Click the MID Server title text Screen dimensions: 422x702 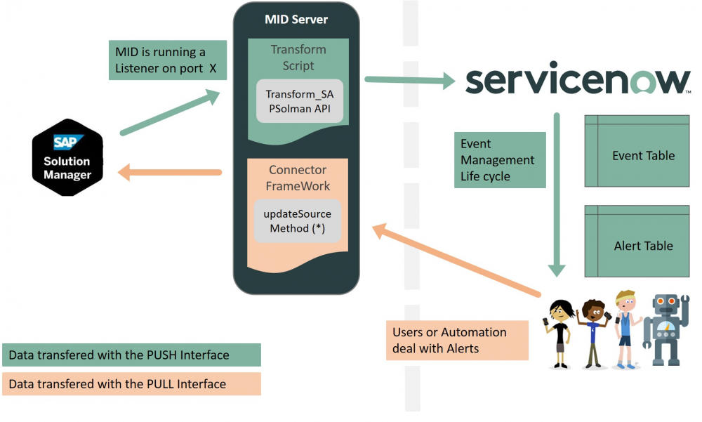[x=296, y=19]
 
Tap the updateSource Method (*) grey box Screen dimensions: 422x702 [x=298, y=220]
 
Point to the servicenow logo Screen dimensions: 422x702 [x=577, y=80]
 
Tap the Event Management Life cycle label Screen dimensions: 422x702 [x=499, y=160]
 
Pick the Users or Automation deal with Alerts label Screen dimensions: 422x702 [x=456, y=340]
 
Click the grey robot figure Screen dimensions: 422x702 [x=664, y=327]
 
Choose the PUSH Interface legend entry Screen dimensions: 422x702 [x=131, y=355]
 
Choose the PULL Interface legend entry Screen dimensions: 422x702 [x=131, y=383]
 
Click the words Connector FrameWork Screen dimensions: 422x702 [x=298, y=178]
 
